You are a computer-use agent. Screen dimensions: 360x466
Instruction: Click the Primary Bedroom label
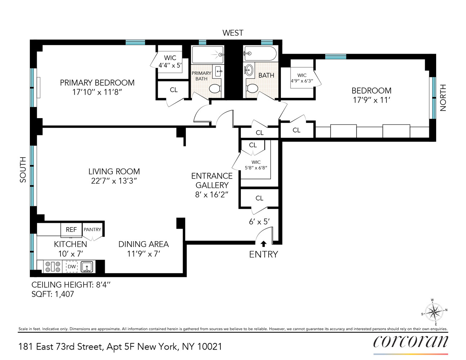tap(97, 83)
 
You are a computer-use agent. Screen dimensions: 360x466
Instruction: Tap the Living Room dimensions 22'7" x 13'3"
tap(114, 181)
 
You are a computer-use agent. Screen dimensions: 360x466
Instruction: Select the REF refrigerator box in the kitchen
tap(71, 230)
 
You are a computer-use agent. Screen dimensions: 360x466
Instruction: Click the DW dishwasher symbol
tap(72, 266)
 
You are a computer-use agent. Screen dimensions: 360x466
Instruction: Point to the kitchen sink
tap(87, 267)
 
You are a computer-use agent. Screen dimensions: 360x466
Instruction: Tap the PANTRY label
tap(93, 230)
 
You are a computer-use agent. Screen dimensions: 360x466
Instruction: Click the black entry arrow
tap(264, 244)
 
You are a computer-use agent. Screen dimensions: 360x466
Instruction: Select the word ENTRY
tap(264, 255)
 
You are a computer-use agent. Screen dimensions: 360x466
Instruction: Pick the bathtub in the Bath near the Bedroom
tap(260, 54)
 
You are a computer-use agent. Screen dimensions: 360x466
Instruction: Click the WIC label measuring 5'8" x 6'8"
tap(256, 165)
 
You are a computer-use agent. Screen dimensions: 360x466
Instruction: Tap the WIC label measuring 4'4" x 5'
tap(170, 62)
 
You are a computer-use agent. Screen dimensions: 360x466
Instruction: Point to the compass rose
tap(434, 312)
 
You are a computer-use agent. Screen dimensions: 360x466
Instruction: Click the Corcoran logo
tap(411, 342)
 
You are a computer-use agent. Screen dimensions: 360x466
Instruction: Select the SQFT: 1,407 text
tap(53, 294)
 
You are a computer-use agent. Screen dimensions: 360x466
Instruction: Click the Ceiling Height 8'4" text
tap(71, 285)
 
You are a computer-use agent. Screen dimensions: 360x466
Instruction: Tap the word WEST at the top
tap(233, 33)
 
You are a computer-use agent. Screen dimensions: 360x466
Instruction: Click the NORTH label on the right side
tap(443, 98)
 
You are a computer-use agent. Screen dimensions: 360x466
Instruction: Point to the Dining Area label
tap(143, 244)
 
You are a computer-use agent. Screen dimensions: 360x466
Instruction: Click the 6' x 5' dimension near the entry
tap(259, 222)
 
